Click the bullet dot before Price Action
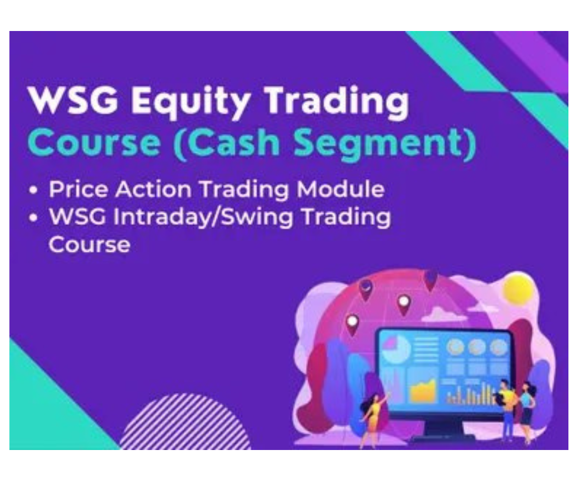coord(35,191)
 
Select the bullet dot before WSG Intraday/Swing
coord(35,219)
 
